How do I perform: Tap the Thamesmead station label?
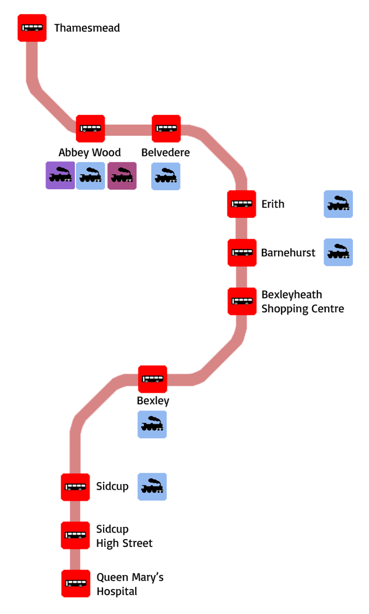point(87,28)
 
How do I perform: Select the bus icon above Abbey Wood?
point(90,128)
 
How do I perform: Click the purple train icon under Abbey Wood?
point(60,176)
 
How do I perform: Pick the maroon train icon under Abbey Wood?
point(122,176)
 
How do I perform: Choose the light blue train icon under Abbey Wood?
point(90,176)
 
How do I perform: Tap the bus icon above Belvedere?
point(166,128)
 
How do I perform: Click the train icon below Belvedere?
point(166,176)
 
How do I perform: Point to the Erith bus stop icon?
point(242,204)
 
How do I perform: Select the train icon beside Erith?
point(338,204)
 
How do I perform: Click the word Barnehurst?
point(288,253)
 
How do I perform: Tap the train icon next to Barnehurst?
point(338,252)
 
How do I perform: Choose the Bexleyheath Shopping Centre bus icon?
point(242,301)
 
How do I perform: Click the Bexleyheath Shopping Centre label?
point(303,302)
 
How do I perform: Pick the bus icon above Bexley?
point(152,379)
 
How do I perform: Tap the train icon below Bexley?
point(152,424)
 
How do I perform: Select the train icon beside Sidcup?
point(152,486)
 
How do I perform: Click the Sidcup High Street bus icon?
point(75,535)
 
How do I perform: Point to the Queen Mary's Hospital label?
point(130,585)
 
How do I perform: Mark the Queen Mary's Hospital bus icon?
point(75,583)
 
